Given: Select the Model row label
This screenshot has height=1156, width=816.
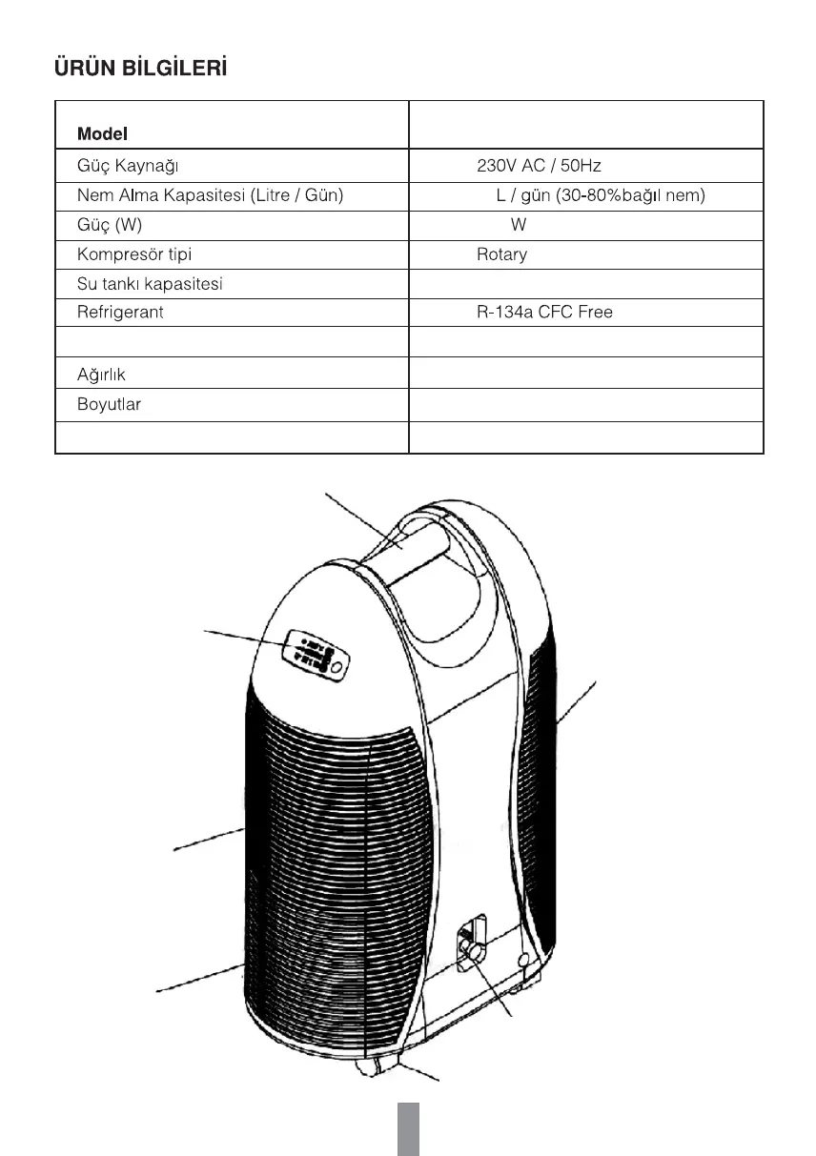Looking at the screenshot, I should click(x=102, y=134).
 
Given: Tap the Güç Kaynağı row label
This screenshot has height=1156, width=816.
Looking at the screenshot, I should click(x=129, y=166).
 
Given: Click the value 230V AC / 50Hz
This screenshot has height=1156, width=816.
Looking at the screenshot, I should click(x=539, y=166).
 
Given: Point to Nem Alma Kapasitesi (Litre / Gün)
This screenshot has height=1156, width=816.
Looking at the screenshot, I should click(x=210, y=196).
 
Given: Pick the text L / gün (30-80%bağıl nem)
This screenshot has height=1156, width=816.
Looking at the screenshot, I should click(x=600, y=196).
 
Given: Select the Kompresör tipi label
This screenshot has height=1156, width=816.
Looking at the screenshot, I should click(x=134, y=255).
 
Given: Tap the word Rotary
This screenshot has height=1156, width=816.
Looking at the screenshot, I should click(x=501, y=255).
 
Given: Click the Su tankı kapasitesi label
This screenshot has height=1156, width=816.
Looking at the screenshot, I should click(x=150, y=284).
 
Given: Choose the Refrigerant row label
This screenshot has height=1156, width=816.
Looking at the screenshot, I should click(x=120, y=313).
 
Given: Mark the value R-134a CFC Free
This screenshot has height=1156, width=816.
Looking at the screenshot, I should click(x=544, y=313).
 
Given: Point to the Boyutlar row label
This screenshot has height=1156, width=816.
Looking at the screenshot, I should click(x=109, y=405).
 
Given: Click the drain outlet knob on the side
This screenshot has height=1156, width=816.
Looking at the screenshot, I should click(x=471, y=950).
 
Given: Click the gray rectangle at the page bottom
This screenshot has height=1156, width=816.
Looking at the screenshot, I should click(x=408, y=1129).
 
